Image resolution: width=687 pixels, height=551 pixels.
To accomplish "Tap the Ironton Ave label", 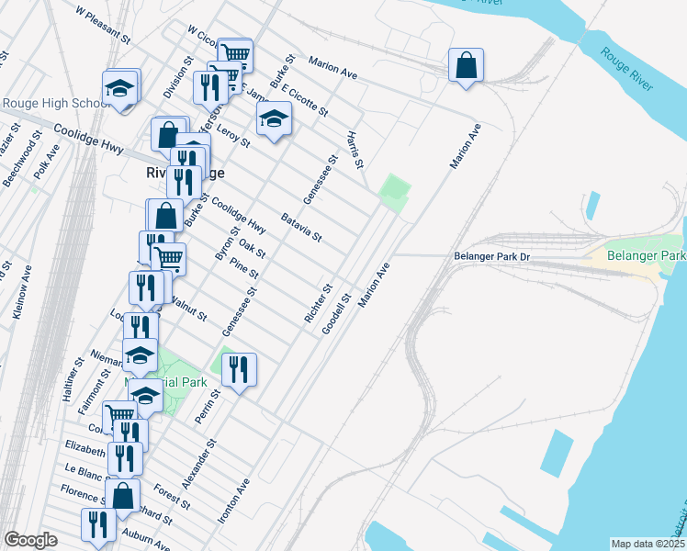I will pyautogui.click(x=233, y=499).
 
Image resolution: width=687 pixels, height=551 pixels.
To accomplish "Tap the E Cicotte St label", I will pyautogui.click(x=305, y=100).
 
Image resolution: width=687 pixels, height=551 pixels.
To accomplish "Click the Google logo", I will pyautogui.click(x=30, y=540).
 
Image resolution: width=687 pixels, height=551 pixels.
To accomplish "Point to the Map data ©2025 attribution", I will pyautogui.click(x=647, y=544).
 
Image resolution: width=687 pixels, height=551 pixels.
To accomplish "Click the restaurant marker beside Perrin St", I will pyautogui.click(x=239, y=370).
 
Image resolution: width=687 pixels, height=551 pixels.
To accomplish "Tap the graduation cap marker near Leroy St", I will pyautogui.click(x=274, y=118).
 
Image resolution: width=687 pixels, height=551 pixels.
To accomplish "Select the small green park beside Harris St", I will pyautogui.click(x=394, y=193).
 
